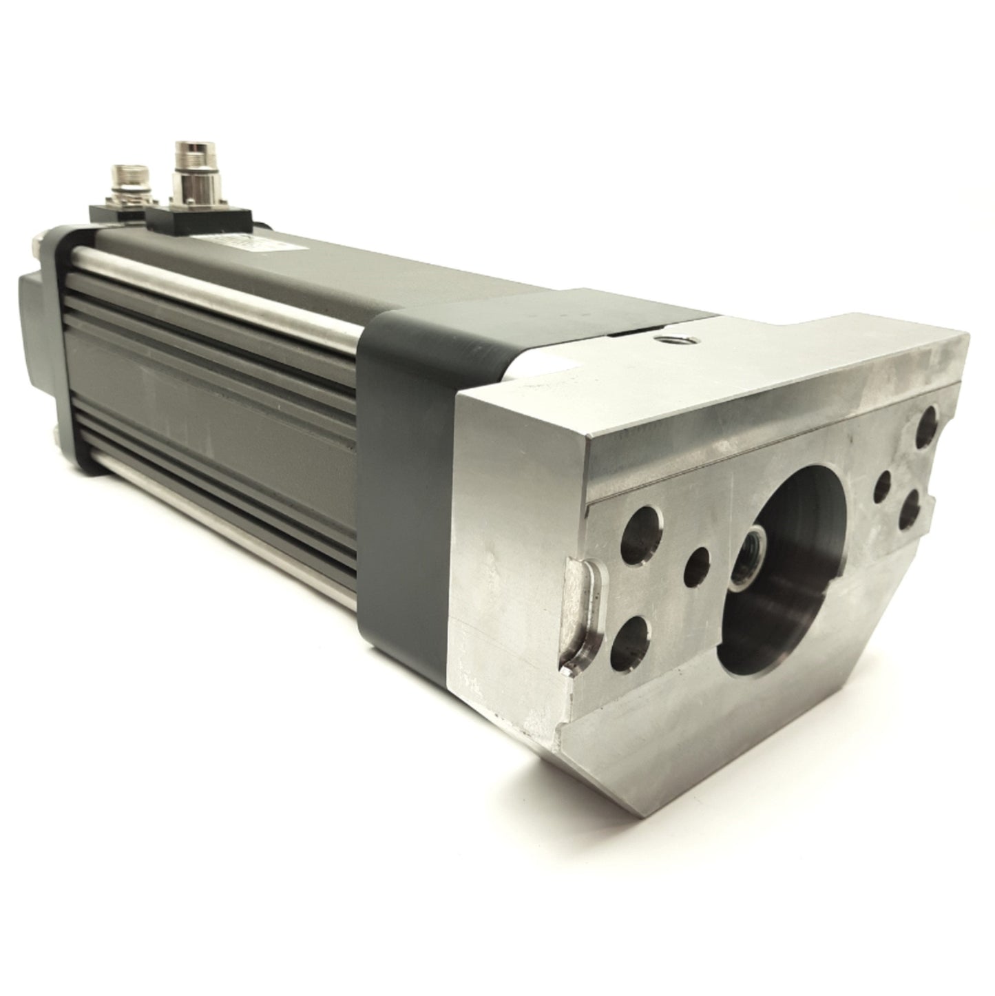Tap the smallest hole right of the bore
click(883, 486)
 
